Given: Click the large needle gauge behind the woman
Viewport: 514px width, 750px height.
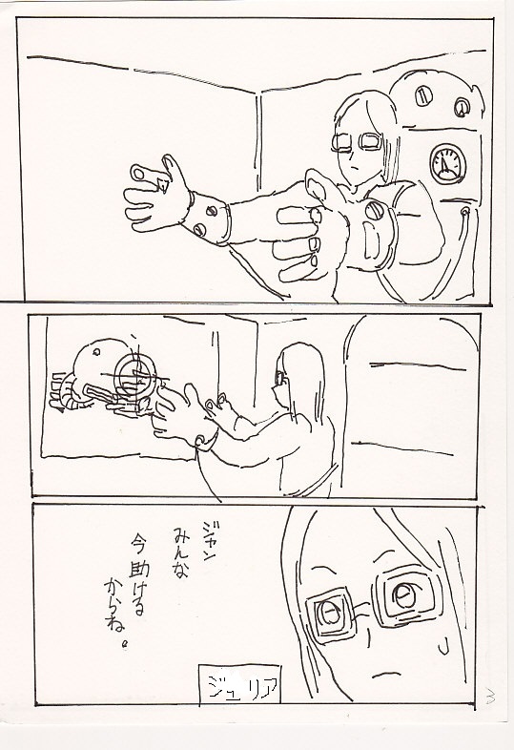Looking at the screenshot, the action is (x=448, y=164).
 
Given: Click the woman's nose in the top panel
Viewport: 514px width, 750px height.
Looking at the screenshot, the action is (x=353, y=156).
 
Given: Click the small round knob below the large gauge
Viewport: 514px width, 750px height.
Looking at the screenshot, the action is (x=463, y=211).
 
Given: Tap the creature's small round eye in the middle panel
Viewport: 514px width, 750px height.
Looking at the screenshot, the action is (x=96, y=352).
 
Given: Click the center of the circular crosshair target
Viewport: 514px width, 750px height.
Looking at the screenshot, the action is (x=136, y=378).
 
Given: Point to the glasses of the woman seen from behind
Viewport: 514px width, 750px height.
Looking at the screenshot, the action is (x=279, y=378).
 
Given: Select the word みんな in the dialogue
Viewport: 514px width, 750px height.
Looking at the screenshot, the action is (x=179, y=552).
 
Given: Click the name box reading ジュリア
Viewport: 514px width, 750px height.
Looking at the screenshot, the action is (x=239, y=684).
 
